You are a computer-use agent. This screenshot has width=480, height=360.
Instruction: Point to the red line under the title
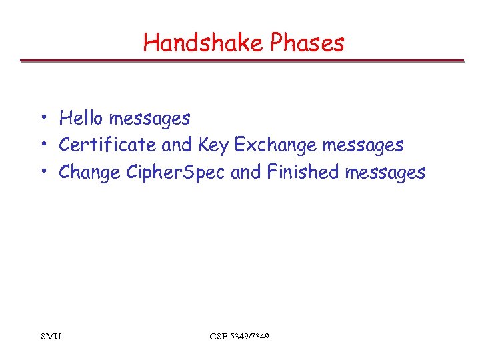point(241,61)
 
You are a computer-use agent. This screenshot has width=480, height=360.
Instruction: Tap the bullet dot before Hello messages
point(42,119)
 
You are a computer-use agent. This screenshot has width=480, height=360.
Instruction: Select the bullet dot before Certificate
point(42,145)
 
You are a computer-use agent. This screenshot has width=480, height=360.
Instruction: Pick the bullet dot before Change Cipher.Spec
point(42,173)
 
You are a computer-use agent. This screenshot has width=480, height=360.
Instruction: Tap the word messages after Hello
point(149,119)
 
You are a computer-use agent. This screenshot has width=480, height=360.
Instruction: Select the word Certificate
point(108,145)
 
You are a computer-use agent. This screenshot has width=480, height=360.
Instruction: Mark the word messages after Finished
point(385,173)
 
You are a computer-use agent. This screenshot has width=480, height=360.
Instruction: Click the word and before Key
point(177,145)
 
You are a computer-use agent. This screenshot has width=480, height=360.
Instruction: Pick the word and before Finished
point(245,172)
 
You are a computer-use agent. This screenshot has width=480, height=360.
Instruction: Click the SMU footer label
point(50,336)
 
